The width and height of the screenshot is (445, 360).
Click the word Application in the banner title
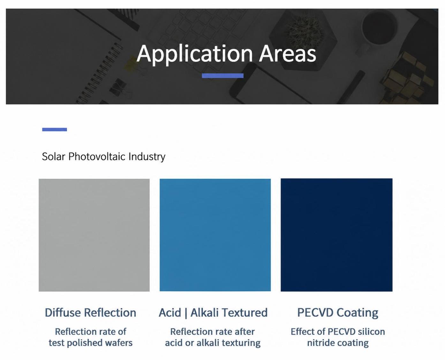click(x=194, y=54)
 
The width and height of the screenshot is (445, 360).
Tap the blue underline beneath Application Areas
click(x=222, y=76)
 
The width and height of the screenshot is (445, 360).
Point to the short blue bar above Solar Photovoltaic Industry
click(x=55, y=130)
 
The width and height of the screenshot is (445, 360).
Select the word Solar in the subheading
click(x=54, y=156)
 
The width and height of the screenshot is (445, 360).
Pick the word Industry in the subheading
click(x=147, y=157)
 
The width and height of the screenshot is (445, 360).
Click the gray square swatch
click(x=94, y=235)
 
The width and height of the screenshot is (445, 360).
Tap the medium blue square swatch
click(x=215, y=235)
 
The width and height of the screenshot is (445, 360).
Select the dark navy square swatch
click(x=336, y=235)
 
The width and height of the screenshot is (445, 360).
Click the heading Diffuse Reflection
click(x=90, y=312)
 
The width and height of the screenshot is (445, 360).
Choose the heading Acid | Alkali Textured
click(x=213, y=312)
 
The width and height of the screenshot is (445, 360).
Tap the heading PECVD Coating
click(x=338, y=313)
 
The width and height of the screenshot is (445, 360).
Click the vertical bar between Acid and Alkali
click(x=186, y=313)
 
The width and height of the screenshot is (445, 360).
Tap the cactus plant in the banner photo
click(x=305, y=34)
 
